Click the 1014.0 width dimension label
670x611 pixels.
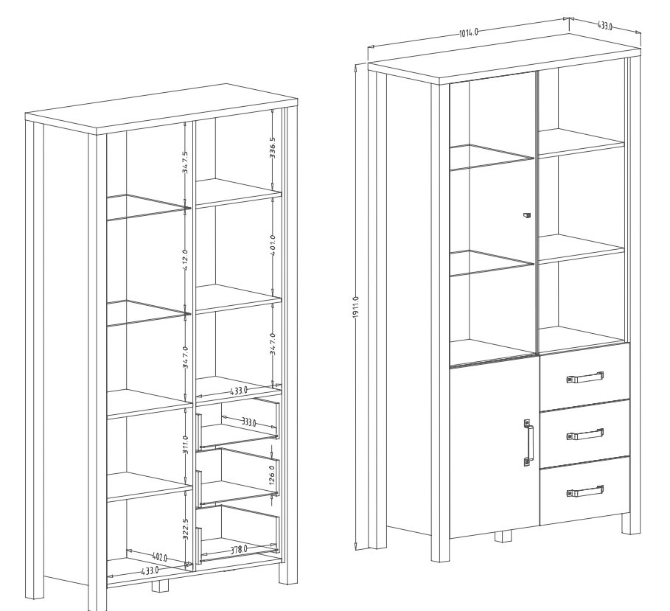point(468,32)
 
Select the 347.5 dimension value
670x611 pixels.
point(186,162)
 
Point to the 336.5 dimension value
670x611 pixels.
point(273,147)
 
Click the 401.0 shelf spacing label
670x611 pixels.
point(273,245)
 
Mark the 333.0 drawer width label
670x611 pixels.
point(248,422)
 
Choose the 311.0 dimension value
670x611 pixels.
point(185,444)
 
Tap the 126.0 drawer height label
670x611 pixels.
point(272,475)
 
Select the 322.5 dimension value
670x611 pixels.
point(186,529)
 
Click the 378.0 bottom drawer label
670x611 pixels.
point(239,550)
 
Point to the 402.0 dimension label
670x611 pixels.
point(160,556)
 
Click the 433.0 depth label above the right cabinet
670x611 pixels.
point(604,26)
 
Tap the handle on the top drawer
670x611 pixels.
point(585,377)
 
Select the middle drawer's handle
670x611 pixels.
point(585,433)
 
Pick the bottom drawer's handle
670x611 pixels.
point(585,491)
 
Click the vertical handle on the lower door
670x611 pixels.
point(528,442)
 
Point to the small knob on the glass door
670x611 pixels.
point(526,215)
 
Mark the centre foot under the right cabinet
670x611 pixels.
point(504,537)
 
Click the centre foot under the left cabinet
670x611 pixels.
point(161,586)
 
